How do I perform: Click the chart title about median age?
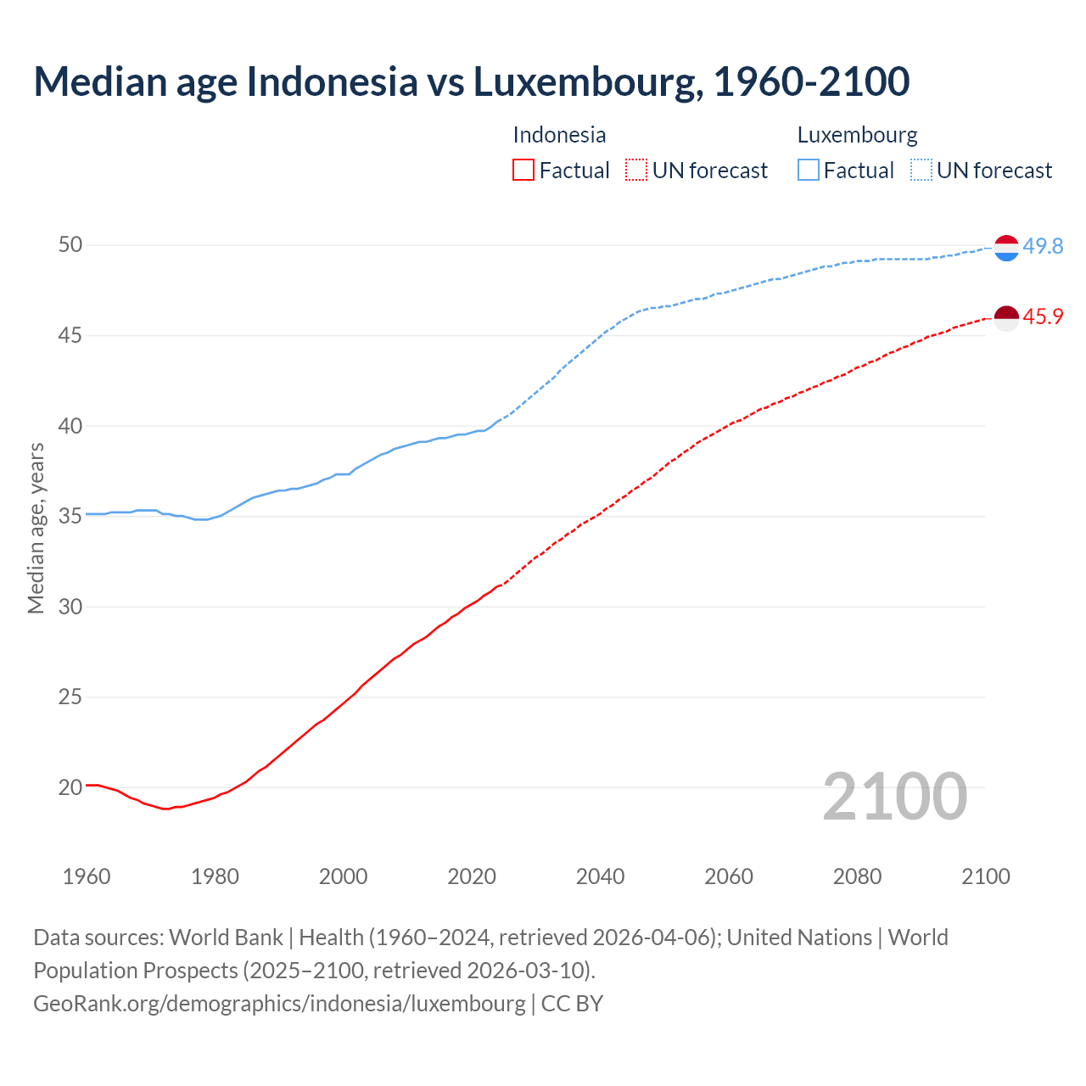click(x=471, y=82)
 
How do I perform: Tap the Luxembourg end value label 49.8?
click(x=1043, y=246)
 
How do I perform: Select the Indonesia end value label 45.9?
click(x=1043, y=316)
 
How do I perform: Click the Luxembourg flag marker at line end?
click(x=1006, y=248)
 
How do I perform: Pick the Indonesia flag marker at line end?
click(x=1006, y=318)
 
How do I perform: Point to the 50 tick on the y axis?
click(x=70, y=245)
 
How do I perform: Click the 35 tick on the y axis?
click(x=70, y=516)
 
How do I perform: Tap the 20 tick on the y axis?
click(x=70, y=787)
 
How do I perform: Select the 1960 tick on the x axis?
click(x=87, y=876)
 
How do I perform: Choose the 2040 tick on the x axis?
click(x=600, y=876)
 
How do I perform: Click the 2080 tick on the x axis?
click(x=857, y=876)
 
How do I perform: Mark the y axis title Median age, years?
click(x=36, y=528)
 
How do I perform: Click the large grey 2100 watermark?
click(x=894, y=797)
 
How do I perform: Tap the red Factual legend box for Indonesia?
click(x=523, y=171)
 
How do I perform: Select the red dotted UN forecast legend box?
click(x=636, y=171)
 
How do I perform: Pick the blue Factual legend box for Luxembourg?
click(x=809, y=171)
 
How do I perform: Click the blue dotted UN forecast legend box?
click(x=921, y=171)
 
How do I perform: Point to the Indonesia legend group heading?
click(x=559, y=135)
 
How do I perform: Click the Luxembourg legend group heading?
click(x=857, y=135)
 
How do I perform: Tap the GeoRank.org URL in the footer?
click(x=279, y=1003)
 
